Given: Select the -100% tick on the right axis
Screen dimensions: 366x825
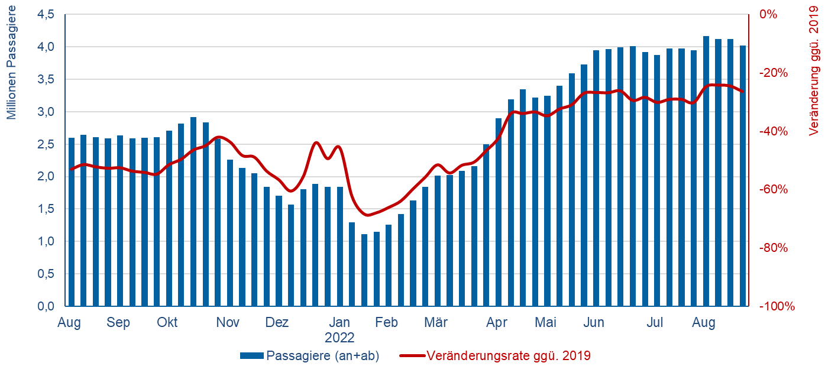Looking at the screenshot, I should point(774,306).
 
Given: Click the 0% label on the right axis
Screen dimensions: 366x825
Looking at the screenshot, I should point(769,14).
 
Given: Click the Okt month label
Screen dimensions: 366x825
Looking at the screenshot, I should point(167,323).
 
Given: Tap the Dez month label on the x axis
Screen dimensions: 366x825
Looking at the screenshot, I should point(277,323).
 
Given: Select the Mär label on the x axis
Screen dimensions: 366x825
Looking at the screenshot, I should point(436,323).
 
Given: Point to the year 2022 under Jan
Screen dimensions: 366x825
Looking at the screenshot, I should point(339,338).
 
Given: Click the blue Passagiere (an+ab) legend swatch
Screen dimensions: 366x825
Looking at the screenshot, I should point(252,356).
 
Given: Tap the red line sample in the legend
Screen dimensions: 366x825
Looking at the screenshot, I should point(412,356).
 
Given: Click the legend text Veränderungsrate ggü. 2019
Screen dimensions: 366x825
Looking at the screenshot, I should point(509,356).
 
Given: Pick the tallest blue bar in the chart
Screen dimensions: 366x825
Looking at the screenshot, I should point(706,171).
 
